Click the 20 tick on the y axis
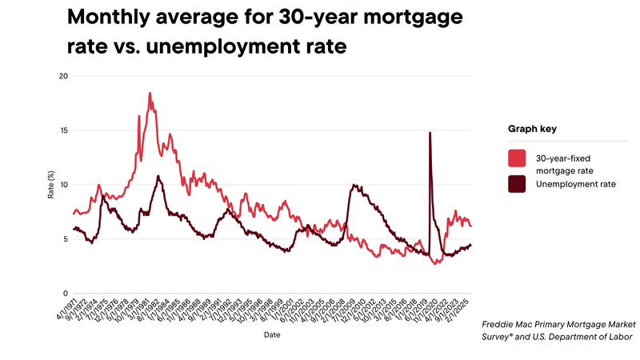[x=64, y=76]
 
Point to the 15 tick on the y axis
[x=64, y=130]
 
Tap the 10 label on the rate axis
[x=64, y=185]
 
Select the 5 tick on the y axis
[x=66, y=239]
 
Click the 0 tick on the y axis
[x=66, y=294]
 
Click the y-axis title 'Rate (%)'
[x=50, y=185]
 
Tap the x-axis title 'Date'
[x=272, y=336]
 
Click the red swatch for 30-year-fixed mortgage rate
[x=518, y=158]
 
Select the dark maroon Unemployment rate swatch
[x=518, y=184]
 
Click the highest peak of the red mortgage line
[x=150, y=94]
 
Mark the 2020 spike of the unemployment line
[x=430, y=134]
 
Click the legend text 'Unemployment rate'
[x=570, y=184]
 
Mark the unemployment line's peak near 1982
[x=158, y=176]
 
